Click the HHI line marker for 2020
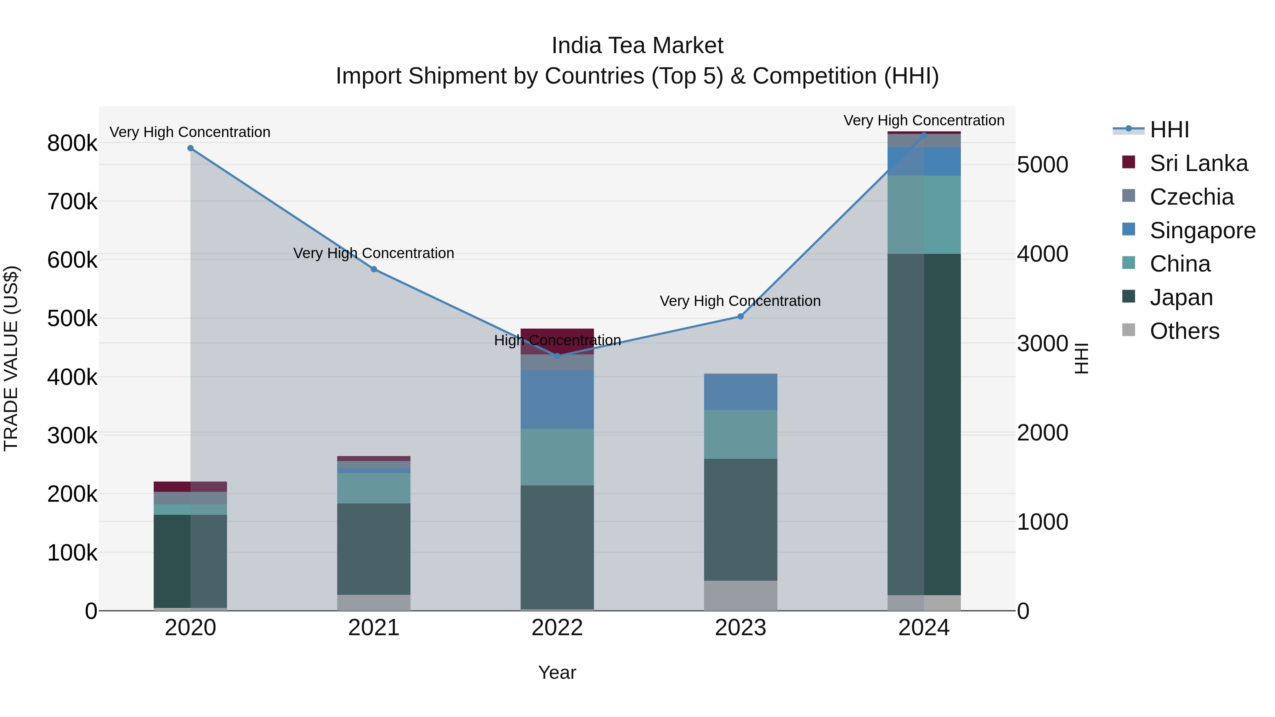pyautogui.click(x=191, y=148)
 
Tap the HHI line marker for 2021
pyautogui.click(x=374, y=269)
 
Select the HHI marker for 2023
pyautogui.click(x=741, y=316)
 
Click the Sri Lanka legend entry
pyautogui.click(x=1198, y=163)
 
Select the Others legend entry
pyautogui.click(x=1184, y=331)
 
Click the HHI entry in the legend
pyautogui.click(x=1169, y=130)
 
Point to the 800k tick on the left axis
pyautogui.click(x=72, y=143)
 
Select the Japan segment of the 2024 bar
pyautogui.click(x=924, y=425)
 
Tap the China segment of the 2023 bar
pyautogui.click(x=741, y=434)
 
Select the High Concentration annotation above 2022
pyautogui.click(x=557, y=340)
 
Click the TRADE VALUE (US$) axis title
pyautogui.click(x=11, y=358)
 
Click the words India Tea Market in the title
pyautogui.click(x=637, y=46)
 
